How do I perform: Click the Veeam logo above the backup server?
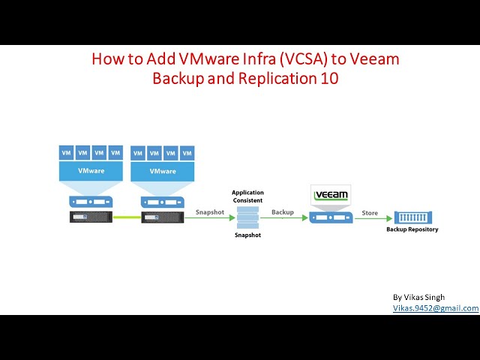click(x=331, y=195)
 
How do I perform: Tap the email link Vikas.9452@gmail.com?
click(x=436, y=307)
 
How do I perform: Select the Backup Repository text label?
click(x=412, y=229)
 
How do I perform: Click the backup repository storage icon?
click(x=412, y=217)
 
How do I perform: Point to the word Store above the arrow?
click(x=370, y=212)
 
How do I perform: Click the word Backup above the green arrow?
click(x=283, y=212)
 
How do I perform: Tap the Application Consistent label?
click(x=247, y=197)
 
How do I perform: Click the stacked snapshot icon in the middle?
click(x=247, y=218)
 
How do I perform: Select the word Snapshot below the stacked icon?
click(x=247, y=235)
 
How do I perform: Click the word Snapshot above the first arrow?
click(x=210, y=212)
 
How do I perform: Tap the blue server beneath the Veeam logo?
click(x=331, y=217)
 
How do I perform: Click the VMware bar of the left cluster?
click(x=91, y=171)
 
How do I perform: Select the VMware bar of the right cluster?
click(x=163, y=171)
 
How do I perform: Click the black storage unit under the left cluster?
click(x=91, y=217)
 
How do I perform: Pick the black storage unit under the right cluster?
click(x=163, y=217)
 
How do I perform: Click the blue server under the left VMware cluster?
click(x=91, y=201)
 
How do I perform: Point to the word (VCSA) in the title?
click(x=294, y=59)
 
